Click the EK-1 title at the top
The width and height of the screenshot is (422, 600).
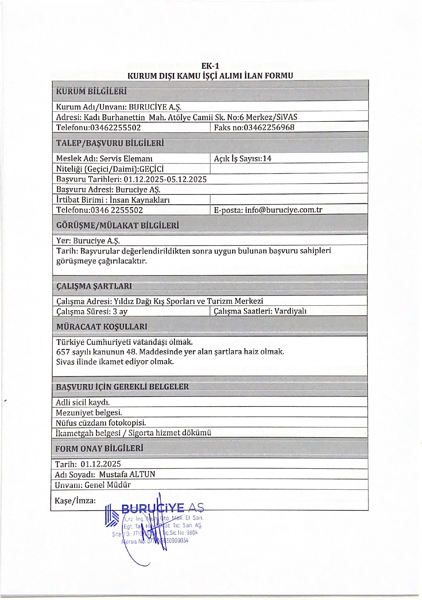(210, 66)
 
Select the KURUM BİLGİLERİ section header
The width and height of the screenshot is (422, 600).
(91, 91)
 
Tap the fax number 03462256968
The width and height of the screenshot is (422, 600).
(269, 127)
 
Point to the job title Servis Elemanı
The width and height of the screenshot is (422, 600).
(126, 158)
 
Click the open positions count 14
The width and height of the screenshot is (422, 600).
(267, 158)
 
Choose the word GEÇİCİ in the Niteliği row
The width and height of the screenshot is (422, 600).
(151, 169)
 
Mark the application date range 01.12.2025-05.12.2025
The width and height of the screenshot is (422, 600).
(165, 179)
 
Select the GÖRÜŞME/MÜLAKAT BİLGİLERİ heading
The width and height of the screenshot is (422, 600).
(118, 225)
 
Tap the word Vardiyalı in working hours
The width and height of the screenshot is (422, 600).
(290, 311)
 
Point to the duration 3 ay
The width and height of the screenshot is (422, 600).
(120, 312)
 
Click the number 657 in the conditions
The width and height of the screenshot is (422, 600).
(63, 352)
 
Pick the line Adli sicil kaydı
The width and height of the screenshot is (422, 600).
(83, 402)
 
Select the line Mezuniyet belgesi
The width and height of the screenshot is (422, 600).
(89, 412)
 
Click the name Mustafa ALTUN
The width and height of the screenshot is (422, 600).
(127, 474)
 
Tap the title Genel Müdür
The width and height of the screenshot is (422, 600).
(108, 485)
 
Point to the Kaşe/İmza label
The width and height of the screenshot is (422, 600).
(75, 501)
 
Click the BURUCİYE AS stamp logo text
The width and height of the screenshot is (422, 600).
(163, 508)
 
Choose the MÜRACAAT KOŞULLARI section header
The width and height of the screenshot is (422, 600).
(102, 327)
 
